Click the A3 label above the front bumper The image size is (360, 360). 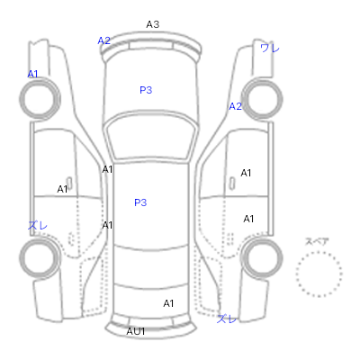[x=153, y=24]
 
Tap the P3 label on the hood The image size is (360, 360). [x=146, y=90]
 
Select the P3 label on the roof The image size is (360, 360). [x=140, y=202]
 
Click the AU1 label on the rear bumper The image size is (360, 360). [x=136, y=331]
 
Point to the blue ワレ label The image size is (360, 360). [x=270, y=48]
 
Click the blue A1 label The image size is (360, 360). [x=32, y=74]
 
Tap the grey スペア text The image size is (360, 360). [x=317, y=241]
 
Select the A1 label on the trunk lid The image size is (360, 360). [x=168, y=303]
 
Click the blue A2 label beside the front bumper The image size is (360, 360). [x=104, y=40]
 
